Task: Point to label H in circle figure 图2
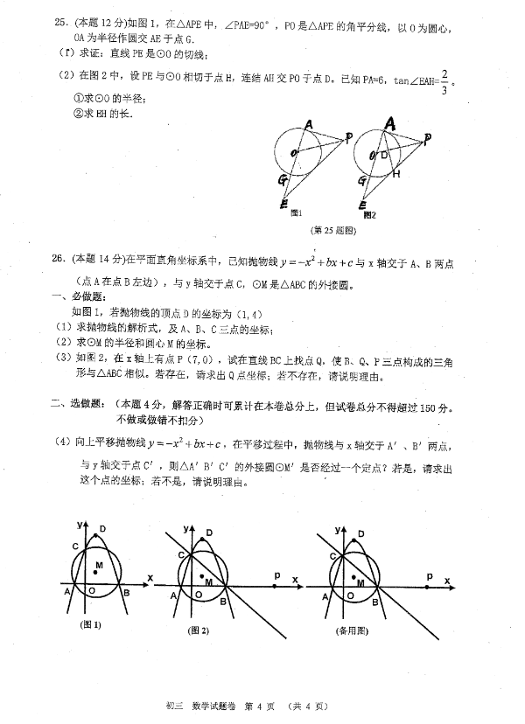395,174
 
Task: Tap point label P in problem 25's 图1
348,137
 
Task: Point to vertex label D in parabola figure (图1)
103,528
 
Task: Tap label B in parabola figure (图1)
128,595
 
